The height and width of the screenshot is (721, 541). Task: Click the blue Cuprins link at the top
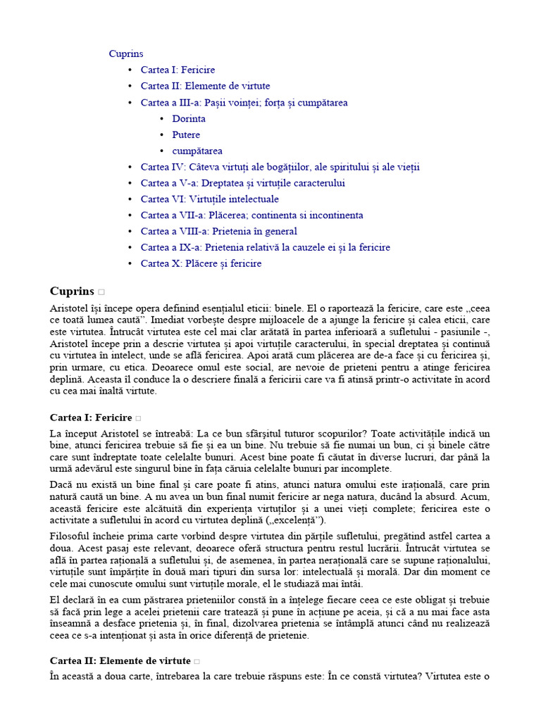point(126,54)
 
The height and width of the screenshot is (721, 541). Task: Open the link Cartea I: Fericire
point(178,70)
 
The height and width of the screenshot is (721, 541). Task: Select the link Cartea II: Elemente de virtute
point(205,86)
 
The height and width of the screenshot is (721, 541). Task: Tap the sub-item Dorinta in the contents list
point(189,118)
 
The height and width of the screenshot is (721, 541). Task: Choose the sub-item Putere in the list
point(186,134)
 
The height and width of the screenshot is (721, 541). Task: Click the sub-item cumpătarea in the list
point(197,151)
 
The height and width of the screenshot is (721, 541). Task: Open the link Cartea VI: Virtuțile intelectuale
point(209,199)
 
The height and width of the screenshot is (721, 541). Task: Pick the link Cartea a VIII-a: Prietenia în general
point(218,231)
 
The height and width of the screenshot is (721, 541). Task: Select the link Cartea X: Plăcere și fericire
point(201,263)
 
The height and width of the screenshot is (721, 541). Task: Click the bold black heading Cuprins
point(72,291)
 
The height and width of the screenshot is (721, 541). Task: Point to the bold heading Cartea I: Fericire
point(91,418)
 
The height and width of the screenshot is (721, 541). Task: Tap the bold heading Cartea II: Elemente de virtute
point(120,660)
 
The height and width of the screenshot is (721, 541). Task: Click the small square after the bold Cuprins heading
point(101,291)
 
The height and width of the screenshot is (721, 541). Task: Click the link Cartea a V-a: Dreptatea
point(232,183)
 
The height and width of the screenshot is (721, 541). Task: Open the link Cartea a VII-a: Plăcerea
point(251,215)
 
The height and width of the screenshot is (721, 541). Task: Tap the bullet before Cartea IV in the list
point(130,168)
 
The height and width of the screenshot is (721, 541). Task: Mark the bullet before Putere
point(162,135)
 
